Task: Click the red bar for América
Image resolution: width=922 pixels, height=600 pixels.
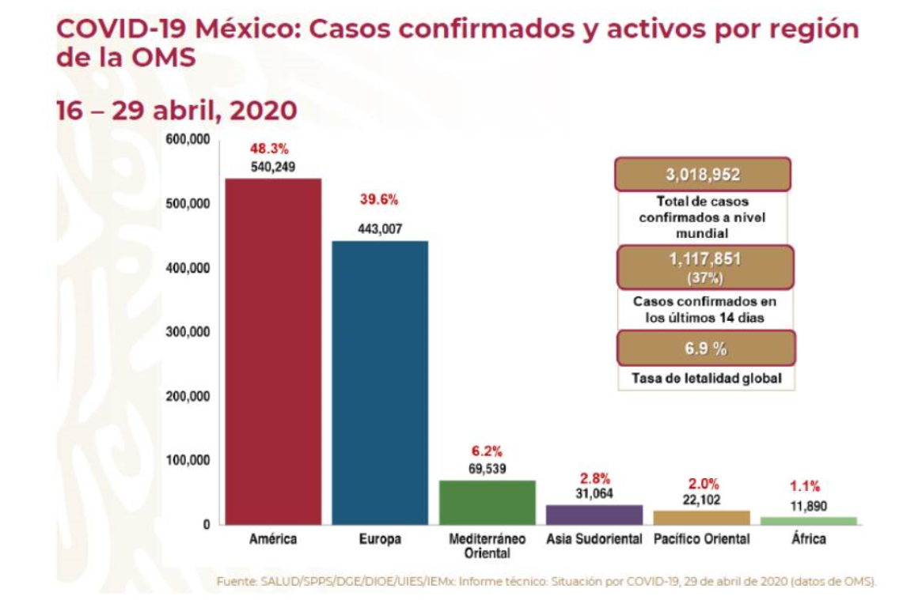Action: [x=273, y=351]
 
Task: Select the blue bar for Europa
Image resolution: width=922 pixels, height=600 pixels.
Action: [x=380, y=383]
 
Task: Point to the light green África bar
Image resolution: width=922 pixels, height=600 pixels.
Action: [x=808, y=520]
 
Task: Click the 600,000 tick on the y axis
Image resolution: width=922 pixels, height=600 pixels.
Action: [x=187, y=140]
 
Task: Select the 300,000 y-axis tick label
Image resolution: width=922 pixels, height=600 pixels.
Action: [x=187, y=332]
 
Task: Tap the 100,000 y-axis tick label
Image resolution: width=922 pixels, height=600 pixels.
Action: [x=187, y=460]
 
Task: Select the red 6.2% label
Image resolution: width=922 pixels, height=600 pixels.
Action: [x=487, y=451]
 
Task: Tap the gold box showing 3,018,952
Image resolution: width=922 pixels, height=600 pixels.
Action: [x=703, y=175]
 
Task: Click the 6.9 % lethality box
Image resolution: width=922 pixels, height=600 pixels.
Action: [x=705, y=349]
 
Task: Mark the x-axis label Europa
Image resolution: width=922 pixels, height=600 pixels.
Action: [x=380, y=540]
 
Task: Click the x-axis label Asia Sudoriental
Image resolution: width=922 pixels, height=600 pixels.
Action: [x=594, y=540]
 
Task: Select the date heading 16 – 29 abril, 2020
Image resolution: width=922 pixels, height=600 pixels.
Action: [x=176, y=111]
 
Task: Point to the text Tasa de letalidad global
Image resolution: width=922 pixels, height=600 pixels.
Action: [x=706, y=379]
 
